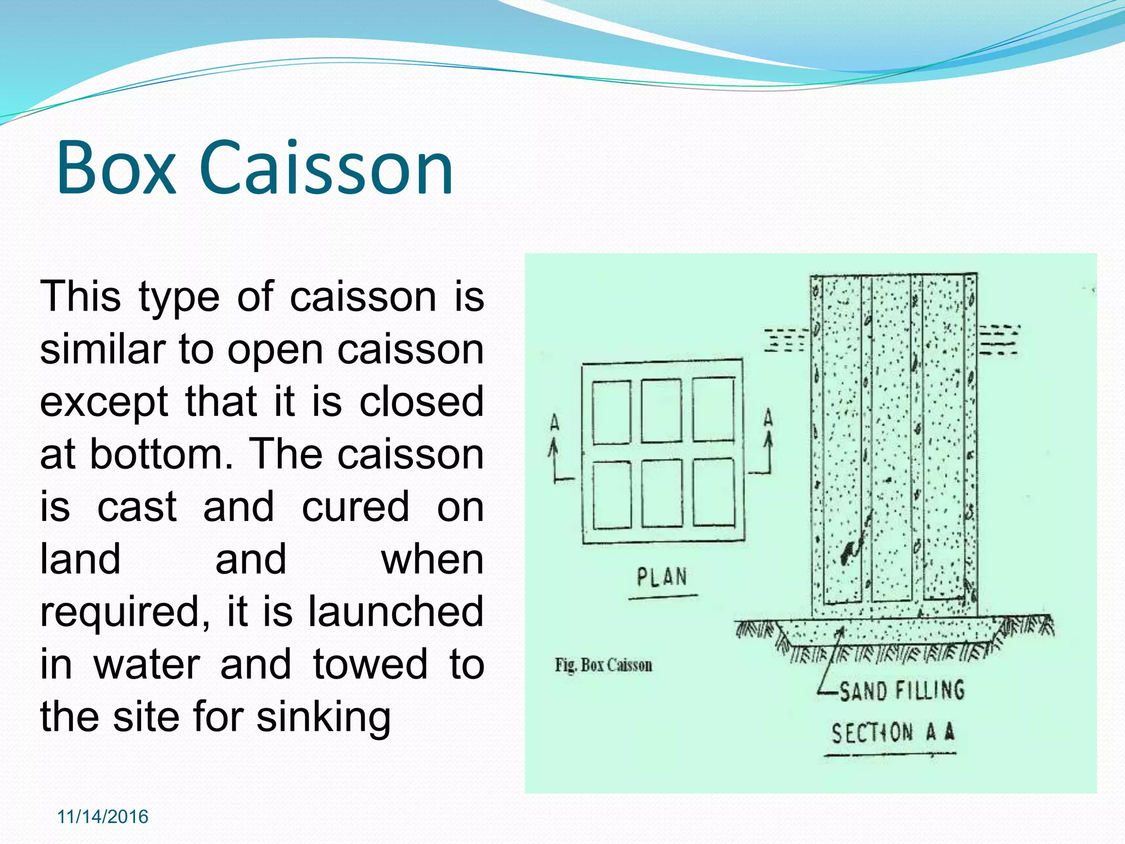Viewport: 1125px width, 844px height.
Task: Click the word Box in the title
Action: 115,168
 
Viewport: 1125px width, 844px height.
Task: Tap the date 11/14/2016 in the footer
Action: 103,817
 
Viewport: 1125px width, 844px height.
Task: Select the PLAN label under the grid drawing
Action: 662,577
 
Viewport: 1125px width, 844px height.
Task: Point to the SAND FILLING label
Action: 901,690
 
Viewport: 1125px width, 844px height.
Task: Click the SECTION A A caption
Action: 893,732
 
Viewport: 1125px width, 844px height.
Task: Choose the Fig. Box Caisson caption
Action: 603,665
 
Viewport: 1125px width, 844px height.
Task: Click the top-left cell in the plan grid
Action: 611,412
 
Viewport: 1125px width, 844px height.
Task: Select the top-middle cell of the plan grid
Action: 661,410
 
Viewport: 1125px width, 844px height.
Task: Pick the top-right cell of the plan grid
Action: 713,409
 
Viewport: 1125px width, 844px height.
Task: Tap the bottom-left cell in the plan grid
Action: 612,495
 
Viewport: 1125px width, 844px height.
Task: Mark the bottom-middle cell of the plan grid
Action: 662,493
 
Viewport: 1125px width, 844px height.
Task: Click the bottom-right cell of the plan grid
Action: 714,492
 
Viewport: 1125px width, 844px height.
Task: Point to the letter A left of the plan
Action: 555,423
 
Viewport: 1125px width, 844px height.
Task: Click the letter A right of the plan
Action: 768,418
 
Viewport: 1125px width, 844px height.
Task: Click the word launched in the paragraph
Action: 396,612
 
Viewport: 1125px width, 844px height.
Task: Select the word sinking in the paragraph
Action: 324,717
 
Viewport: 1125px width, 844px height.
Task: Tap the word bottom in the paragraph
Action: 157,454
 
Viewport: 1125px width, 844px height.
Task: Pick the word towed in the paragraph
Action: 370,664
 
